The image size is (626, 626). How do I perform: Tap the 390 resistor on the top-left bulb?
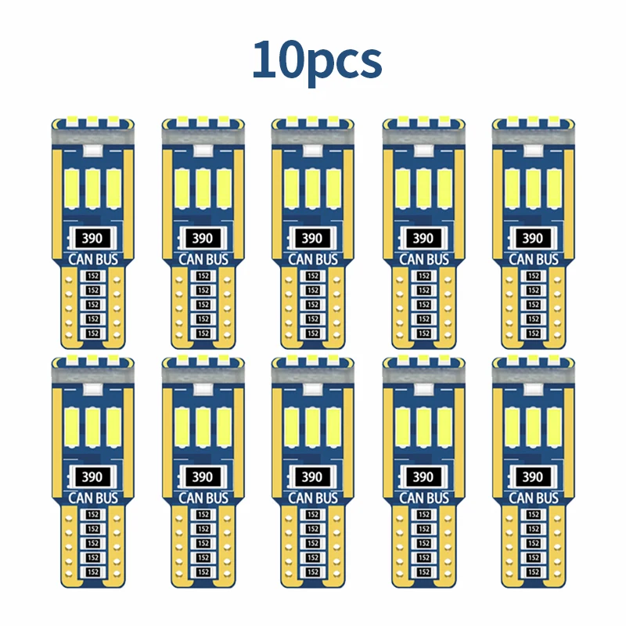coord(92,238)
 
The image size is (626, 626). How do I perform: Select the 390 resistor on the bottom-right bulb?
coord(532,477)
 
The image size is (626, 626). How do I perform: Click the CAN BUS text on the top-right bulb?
coord(532,259)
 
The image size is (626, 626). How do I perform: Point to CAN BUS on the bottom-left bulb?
coord(92,498)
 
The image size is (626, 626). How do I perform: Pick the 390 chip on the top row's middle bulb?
coord(311,238)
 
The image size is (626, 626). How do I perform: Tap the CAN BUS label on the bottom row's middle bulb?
coord(311,498)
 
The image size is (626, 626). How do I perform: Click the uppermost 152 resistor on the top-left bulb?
coord(93,276)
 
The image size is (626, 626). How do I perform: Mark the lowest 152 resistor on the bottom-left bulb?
coord(93,572)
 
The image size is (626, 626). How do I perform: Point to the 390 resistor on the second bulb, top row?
coord(202,238)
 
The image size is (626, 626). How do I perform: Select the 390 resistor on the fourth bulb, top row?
coord(423,238)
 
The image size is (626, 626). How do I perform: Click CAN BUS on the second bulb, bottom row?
coord(202,498)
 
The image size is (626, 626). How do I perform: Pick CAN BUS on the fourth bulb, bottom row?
coord(423,498)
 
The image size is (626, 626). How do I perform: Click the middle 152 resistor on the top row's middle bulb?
coord(313,304)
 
